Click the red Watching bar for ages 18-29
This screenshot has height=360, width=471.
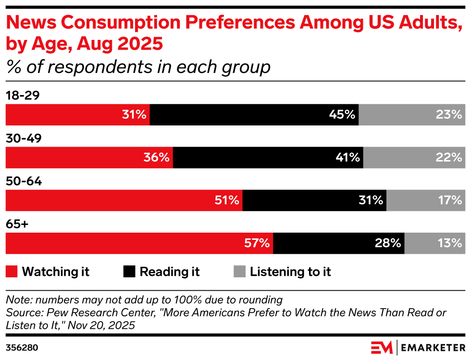coord(77,115)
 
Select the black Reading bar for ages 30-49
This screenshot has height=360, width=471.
coord(268,158)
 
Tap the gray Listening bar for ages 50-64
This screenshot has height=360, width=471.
coord(425,200)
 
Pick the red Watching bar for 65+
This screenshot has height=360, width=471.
coord(139,243)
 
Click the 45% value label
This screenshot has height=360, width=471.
coord(342,115)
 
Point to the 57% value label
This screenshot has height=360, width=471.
coord(257,243)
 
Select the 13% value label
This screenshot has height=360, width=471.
coord(450,243)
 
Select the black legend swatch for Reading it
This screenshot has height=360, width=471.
coord(129,272)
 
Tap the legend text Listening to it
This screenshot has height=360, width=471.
coord(290,272)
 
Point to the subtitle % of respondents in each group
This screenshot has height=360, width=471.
coord(138,67)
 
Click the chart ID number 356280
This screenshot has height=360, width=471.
coord(22,348)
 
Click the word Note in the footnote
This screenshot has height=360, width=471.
coord(17,300)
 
